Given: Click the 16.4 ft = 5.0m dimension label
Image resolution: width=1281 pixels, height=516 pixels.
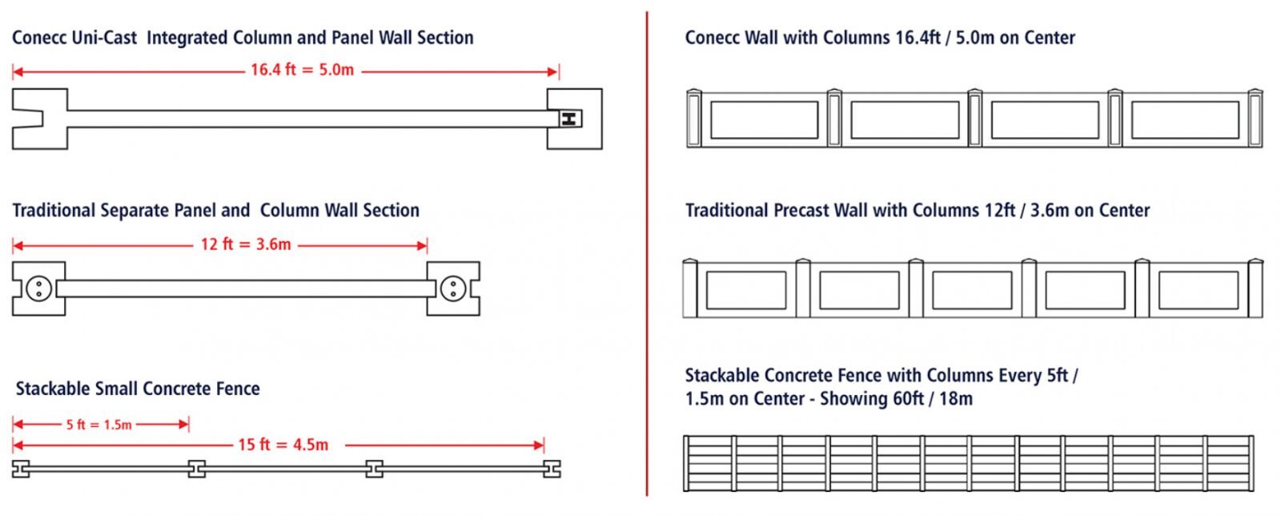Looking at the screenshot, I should [302, 70].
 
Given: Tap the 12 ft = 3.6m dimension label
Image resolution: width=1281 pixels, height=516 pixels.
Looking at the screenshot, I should [246, 244].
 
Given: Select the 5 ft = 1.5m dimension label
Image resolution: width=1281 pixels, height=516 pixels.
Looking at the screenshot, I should [99, 425].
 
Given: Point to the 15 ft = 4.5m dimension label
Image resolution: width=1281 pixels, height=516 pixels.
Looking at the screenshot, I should [283, 445].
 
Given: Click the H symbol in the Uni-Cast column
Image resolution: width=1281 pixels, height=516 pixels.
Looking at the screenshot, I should [568, 119].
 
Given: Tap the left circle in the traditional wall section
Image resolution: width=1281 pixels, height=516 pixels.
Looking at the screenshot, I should [39, 288].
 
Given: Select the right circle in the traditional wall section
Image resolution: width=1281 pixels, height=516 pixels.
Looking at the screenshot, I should [452, 288].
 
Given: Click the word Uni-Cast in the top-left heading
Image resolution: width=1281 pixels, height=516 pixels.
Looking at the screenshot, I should [108, 38].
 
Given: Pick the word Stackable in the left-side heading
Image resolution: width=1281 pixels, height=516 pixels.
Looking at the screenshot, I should [52, 389].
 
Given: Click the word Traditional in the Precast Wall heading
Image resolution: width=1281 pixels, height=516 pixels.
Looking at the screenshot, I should [727, 211].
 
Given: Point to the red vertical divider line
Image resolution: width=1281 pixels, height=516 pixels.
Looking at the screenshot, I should [647, 256].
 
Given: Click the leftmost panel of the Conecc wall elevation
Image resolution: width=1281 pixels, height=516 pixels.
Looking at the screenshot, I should [765, 120].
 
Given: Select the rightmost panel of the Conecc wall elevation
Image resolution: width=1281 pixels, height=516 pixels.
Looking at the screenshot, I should [1185, 120].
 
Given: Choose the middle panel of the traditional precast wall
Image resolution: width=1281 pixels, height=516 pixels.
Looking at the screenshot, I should [972, 290].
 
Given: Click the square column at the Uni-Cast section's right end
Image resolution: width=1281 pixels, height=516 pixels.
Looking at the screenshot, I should [574, 119].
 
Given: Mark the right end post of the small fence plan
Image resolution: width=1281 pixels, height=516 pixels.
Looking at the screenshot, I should [552, 469].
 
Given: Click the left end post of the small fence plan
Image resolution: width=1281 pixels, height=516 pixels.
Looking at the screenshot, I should [21, 469].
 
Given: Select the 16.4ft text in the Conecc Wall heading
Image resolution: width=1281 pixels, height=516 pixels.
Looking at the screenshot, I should [918, 38].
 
